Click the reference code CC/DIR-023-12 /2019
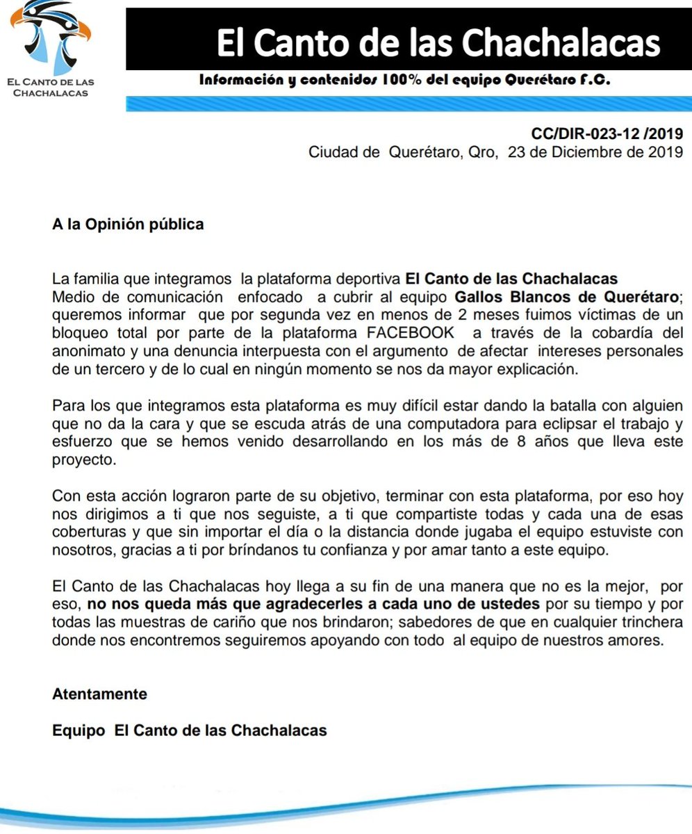tap(607, 133)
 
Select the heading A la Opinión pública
tap(128, 224)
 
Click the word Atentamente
tap(99, 694)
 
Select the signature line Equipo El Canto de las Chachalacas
tap(189, 731)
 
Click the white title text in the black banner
tap(438, 43)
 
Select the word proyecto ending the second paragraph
tap(81, 460)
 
